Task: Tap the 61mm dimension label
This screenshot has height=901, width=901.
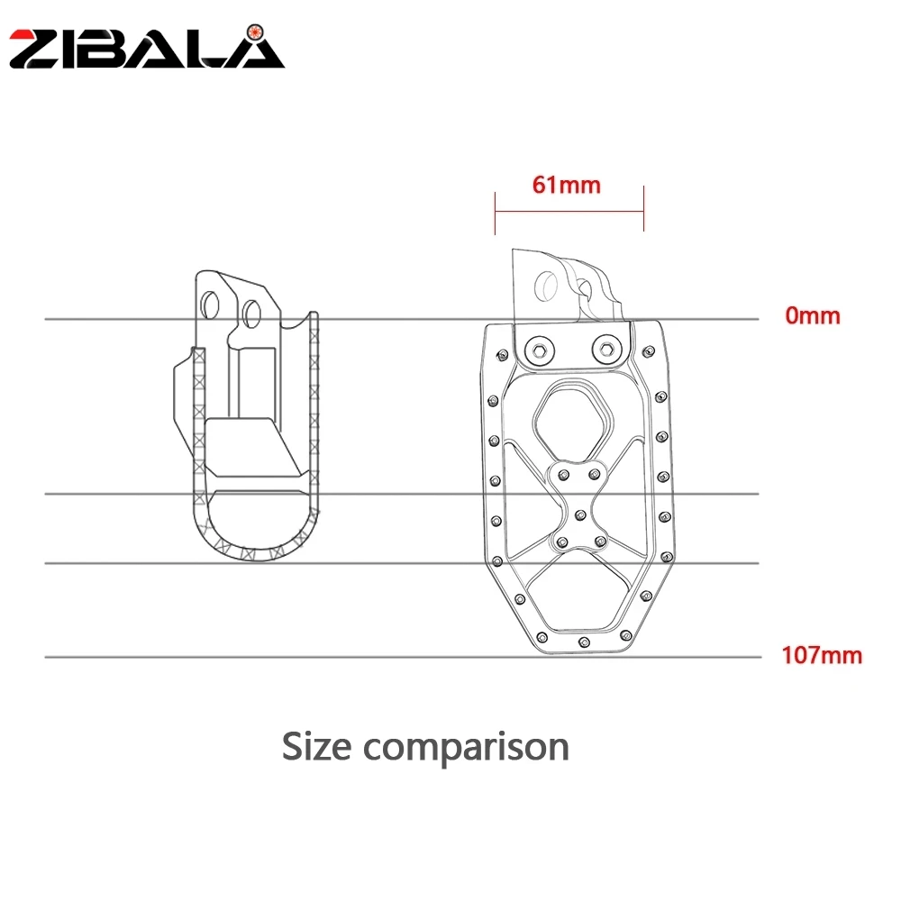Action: point(566,186)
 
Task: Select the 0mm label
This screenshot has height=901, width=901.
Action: point(812,316)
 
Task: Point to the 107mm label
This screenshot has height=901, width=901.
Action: point(821,655)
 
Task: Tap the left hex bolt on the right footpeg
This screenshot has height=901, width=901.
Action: point(537,349)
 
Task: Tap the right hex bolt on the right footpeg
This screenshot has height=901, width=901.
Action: point(603,349)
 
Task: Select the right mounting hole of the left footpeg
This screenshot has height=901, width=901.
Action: point(250,312)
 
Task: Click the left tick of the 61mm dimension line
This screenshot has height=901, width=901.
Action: point(495,210)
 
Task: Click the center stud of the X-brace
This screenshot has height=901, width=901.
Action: point(577,515)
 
